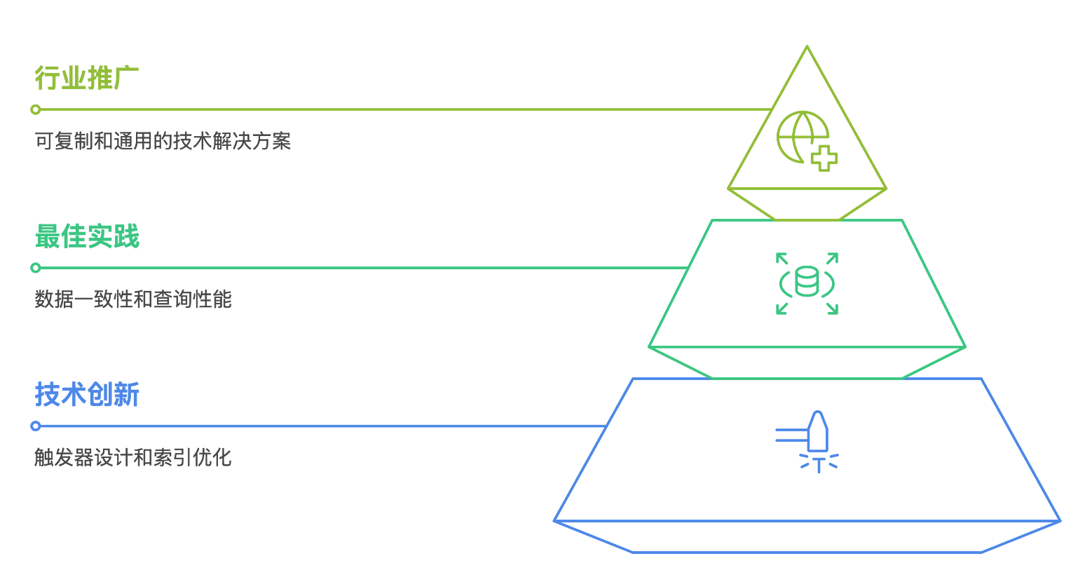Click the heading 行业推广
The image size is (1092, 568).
[87, 79]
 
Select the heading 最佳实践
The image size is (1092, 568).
[87, 237]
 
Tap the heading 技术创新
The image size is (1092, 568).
[87, 395]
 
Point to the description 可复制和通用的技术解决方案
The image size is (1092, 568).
[163, 142]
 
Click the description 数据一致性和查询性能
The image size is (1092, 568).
[133, 300]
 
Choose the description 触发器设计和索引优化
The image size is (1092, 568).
[133, 459]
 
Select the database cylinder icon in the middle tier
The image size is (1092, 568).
[807, 283]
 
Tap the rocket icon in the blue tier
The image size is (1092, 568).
[817, 433]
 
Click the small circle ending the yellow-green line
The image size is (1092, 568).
[36, 109]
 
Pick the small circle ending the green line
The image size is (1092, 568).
[36, 268]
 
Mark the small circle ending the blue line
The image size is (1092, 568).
[36, 426]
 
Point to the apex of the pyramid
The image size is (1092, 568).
[807, 47]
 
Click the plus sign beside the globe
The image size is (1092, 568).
[824, 158]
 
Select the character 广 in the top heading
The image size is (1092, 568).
[127, 79]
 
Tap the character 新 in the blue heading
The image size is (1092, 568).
[127, 395]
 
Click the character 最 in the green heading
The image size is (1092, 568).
[47, 237]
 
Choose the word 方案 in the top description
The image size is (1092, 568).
[273, 142]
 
